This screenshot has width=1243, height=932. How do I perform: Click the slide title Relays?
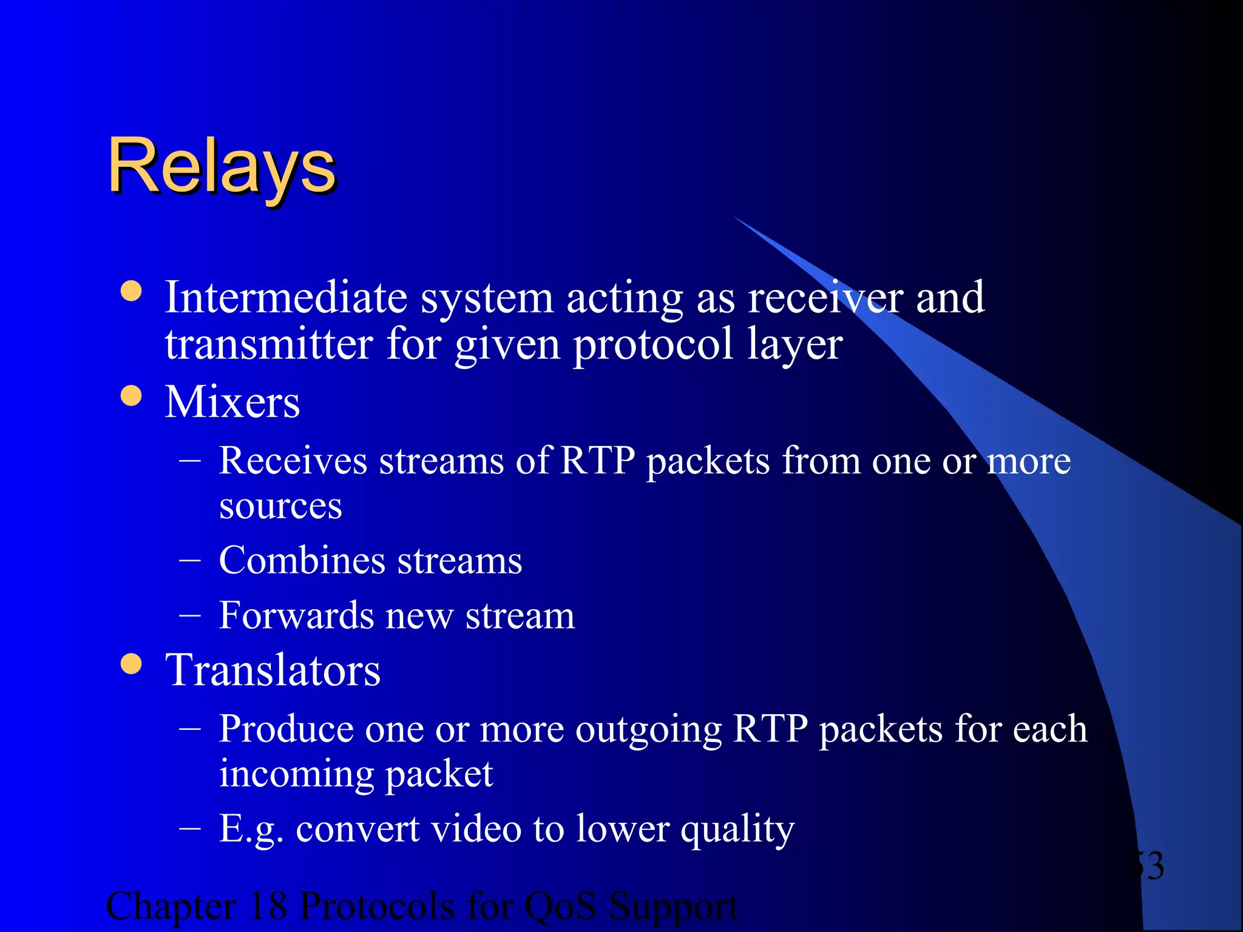[x=222, y=166]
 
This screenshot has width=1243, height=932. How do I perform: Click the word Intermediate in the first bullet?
[x=286, y=298]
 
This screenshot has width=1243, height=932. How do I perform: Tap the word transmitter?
[x=269, y=344]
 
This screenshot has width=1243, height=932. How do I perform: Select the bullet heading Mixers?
[x=232, y=402]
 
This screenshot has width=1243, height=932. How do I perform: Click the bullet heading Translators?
[x=273, y=670]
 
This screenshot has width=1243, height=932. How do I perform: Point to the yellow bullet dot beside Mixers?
[x=131, y=396]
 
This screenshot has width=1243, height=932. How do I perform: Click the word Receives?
[x=293, y=461]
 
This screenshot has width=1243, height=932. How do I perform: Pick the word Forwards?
[x=296, y=615]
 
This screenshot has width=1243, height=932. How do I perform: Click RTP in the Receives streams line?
[x=597, y=461]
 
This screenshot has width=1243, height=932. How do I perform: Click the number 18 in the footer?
[x=268, y=907]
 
